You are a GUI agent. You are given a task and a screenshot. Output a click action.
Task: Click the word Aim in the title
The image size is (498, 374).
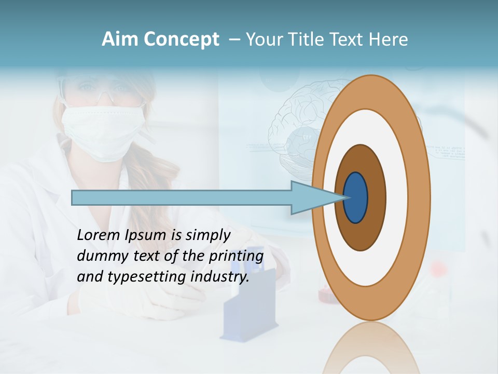pos(120,39)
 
